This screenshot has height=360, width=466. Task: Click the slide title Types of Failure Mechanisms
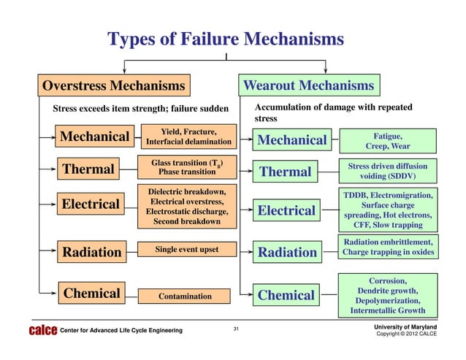[225, 38]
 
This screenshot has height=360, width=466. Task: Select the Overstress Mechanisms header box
[113, 86]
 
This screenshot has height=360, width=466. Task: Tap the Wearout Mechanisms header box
[308, 86]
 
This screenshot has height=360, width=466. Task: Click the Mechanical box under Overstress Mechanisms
[95, 137]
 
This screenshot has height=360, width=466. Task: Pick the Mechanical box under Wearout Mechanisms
[291, 139]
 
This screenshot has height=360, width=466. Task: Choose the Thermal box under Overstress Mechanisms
[89, 170]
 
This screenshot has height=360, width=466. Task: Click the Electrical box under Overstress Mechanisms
[91, 204]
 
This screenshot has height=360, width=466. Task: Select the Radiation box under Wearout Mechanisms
[288, 253]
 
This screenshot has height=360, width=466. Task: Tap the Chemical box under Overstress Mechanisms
[92, 294]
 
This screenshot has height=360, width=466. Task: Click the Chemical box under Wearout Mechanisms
[286, 296]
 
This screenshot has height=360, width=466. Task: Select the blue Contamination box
[186, 296]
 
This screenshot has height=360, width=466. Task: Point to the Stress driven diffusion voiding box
[389, 171]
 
